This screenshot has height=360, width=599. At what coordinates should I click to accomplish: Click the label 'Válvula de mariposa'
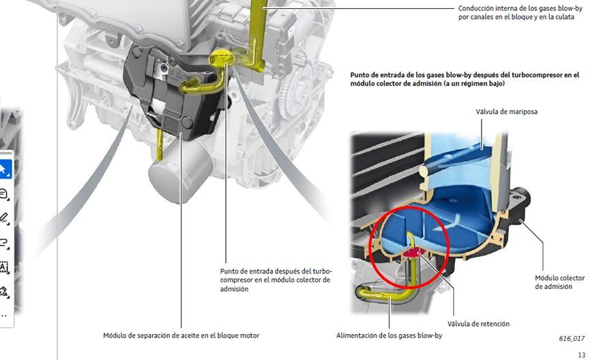click(506, 111)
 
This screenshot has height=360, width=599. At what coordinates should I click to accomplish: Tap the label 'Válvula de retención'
click(478, 324)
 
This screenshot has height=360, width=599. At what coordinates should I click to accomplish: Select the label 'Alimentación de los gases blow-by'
click(389, 335)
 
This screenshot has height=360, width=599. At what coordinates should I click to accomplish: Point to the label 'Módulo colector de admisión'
click(559, 282)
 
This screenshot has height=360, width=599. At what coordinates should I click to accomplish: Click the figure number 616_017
click(572, 338)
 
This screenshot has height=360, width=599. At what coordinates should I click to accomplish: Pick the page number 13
click(581, 355)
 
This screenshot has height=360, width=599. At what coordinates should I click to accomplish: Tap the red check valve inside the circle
click(413, 253)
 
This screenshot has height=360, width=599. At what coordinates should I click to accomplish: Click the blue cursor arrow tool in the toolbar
click(4, 169)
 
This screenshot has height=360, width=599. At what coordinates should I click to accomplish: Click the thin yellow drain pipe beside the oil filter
click(160, 145)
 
